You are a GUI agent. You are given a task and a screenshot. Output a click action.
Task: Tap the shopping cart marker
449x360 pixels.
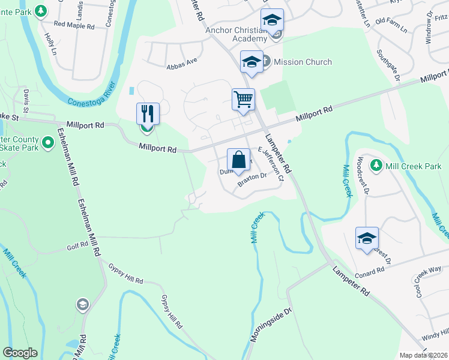click(x=244, y=99)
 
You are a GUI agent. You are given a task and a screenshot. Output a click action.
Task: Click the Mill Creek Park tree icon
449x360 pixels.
click(x=376, y=164)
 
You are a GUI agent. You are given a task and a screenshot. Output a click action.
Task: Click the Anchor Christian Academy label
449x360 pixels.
click(x=235, y=34)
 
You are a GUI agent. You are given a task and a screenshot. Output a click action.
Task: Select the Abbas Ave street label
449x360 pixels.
click(x=182, y=61)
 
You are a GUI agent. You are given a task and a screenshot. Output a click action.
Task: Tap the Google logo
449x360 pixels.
click(x=20, y=353)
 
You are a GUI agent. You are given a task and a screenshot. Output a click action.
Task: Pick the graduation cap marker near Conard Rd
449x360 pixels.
click(x=367, y=238)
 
